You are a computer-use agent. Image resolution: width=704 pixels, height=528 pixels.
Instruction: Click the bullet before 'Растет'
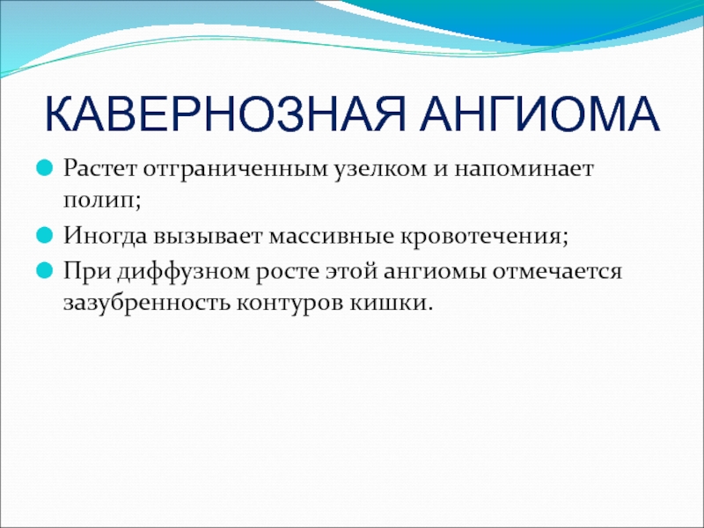[x=45, y=168]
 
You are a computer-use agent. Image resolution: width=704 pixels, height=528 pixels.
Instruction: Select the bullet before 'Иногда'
[x=45, y=235]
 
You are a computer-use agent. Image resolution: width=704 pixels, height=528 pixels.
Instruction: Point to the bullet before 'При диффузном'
[x=45, y=271]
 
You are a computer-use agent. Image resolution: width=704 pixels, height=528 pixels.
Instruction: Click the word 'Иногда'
[x=105, y=236]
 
